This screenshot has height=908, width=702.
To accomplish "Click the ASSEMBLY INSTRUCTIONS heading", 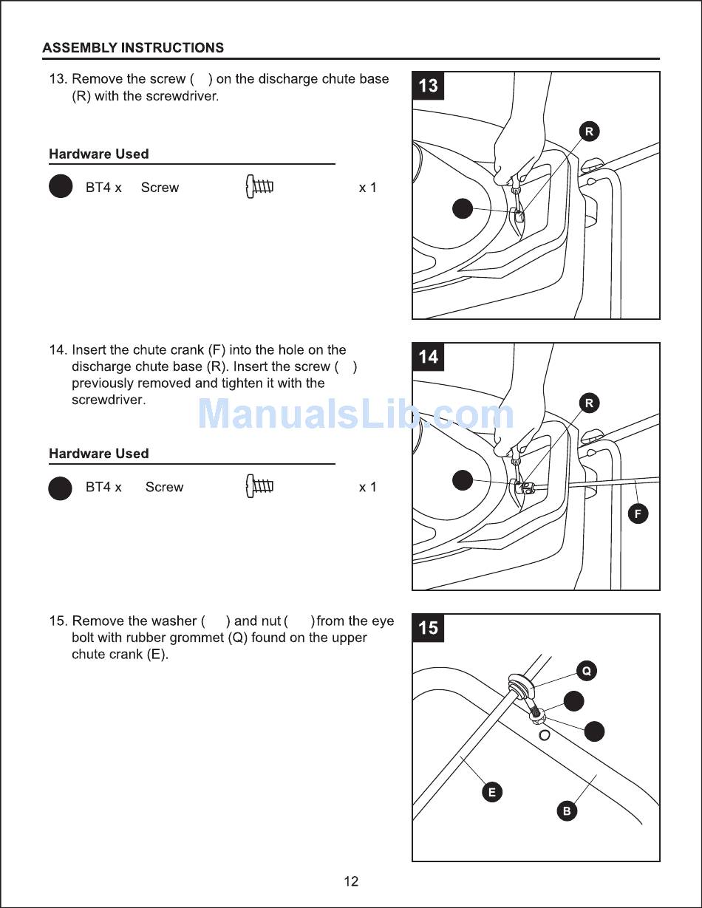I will click(133, 48).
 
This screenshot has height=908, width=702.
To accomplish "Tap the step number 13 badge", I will click(428, 86).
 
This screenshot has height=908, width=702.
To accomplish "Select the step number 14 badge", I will click(428, 357).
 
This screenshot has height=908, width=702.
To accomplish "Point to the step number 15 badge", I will click(428, 628).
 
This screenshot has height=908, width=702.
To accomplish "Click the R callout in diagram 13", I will click(589, 132).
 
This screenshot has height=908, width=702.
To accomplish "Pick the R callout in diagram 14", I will click(589, 403).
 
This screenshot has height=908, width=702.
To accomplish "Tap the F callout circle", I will click(638, 513).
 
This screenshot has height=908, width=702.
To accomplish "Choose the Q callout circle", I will click(586, 671).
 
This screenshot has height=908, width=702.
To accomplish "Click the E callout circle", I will click(491, 792).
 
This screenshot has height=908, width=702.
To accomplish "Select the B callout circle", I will click(567, 810).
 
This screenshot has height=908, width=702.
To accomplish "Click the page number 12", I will click(351, 881).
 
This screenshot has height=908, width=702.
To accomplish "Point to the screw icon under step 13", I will click(259, 188).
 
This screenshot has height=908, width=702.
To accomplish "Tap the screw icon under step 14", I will click(259, 487).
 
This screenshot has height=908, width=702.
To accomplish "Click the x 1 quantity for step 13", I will click(367, 188).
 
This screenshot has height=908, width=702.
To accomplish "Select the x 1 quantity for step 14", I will click(367, 487).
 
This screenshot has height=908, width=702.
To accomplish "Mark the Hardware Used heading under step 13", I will click(98, 154).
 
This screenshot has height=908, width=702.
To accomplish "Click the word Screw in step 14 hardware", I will click(164, 487).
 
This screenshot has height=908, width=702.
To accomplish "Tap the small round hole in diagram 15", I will click(545, 734).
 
